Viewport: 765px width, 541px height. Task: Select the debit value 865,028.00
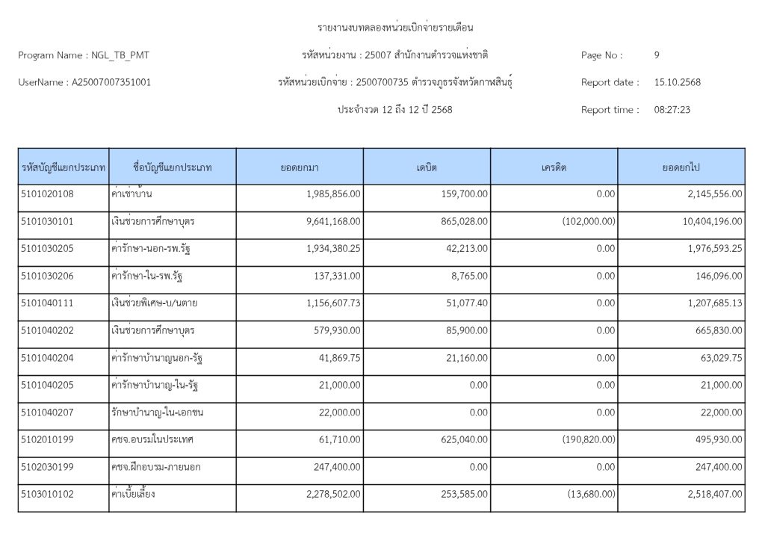click(x=462, y=221)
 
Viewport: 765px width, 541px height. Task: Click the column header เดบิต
click(x=427, y=167)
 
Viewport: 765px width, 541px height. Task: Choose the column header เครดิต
click(x=554, y=167)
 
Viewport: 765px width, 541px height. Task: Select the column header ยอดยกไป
click(x=681, y=167)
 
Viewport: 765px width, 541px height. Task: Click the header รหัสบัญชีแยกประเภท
click(x=64, y=167)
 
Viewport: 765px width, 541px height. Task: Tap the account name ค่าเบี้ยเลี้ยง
click(x=133, y=494)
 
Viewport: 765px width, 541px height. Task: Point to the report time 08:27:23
click(x=672, y=110)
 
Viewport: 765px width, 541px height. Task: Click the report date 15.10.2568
click(x=677, y=82)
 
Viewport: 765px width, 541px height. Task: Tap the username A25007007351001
click(x=111, y=82)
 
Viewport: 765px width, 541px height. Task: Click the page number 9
click(x=657, y=55)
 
